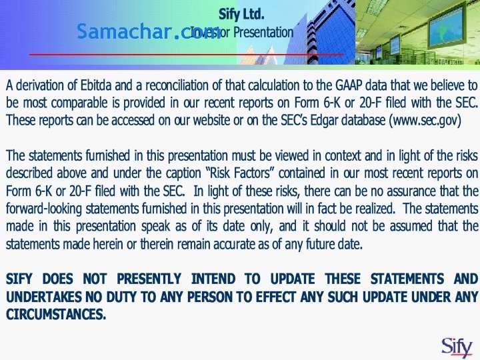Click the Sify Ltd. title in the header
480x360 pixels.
(x=241, y=13)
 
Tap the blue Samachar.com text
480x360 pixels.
(x=148, y=31)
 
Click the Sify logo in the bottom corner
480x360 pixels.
(x=457, y=346)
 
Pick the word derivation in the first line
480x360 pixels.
(x=45, y=85)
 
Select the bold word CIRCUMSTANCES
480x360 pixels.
(x=56, y=314)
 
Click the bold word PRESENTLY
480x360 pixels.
(x=149, y=279)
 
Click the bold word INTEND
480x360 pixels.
(x=213, y=279)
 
